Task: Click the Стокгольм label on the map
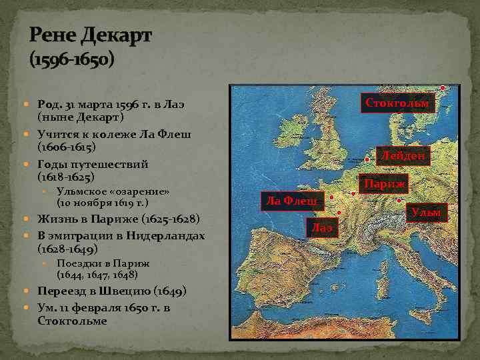(x=398, y=103)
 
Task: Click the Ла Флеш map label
(x=291, y=199)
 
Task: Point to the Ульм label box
(x=426, y=213)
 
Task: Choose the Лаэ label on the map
(x=323, y=228)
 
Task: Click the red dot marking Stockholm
(x=444, y=89)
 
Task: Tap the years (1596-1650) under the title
(x=72, y=61)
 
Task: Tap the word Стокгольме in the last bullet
(x=72, y=320)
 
